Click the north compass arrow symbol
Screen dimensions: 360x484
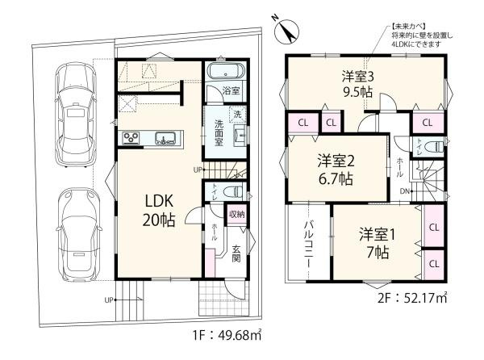(x=284, y=31)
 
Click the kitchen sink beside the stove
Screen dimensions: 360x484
(x=165, y=138)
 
